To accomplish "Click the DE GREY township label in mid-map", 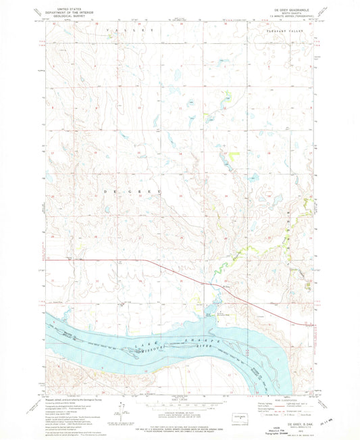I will [132, 193].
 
